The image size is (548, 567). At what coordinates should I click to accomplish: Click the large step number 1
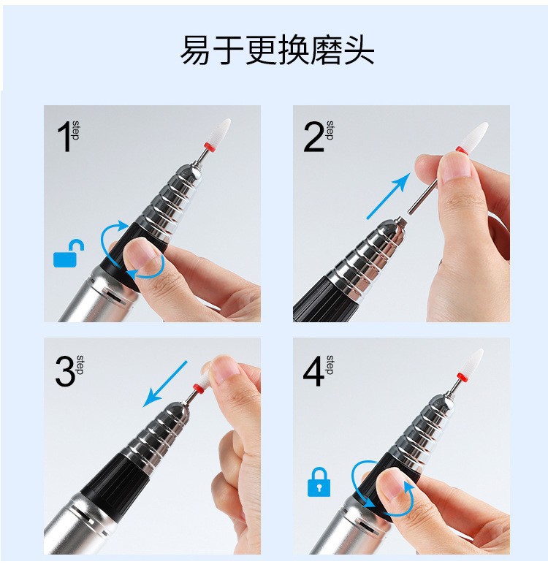(64, 137)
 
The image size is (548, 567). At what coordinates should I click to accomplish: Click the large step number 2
(313, 137)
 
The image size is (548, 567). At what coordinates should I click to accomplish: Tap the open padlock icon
(69, 254)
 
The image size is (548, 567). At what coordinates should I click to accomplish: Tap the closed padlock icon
(319, 482)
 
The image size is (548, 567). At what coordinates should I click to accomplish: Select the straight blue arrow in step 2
(389, 196)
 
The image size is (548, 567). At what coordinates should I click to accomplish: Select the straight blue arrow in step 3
(165, 384)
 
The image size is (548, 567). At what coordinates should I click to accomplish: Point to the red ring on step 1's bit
(208, 146)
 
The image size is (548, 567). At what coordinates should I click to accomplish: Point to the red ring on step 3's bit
(197, 389)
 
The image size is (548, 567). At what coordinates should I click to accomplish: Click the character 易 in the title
(195, 50)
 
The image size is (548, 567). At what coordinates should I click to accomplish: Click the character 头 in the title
(359, 50)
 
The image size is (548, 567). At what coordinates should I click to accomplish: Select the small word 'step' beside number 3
(80, 365)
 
